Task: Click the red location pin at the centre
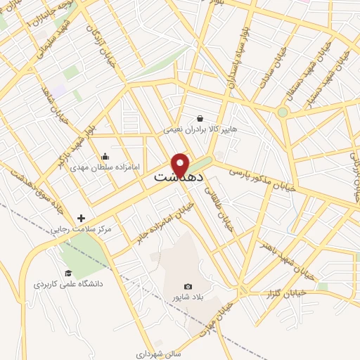tap(180, 165)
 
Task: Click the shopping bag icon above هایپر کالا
tap(200, 118)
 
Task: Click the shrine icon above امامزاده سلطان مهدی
tap(105, 156)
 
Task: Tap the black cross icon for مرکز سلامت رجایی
tap(82, 219)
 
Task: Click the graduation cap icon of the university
tap(68, 273)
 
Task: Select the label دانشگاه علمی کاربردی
tap(68, 284)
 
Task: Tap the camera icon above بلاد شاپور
tap(188, 286)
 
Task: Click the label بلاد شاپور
tap(188, 297)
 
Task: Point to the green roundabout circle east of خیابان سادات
tap(283, 112)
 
